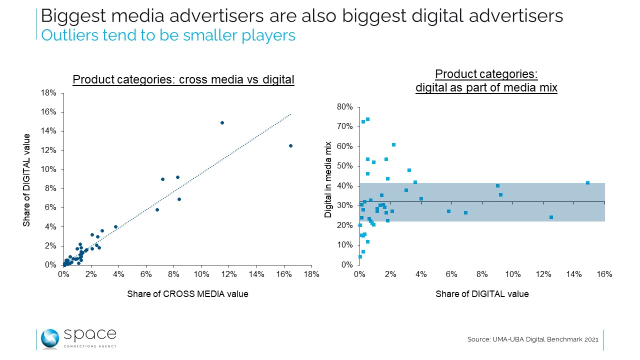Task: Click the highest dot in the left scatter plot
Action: tap(222, 122)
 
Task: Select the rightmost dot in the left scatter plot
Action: tap(290, 145)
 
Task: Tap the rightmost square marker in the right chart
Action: tap(587, 182)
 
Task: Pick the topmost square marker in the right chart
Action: tap(367, 119)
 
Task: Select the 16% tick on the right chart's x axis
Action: tap(604, 274)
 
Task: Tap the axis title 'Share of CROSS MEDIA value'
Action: tap(187, 294)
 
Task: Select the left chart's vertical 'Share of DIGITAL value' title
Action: tap(26, 179)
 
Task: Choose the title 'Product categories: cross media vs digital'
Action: tap(183, 79)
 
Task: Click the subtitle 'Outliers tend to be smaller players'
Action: tap(168, 35)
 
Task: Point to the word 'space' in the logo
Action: tap(90, 334)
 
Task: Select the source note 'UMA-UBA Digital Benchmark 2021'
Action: tap(532, 339)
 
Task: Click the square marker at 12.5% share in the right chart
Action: tap(551, 217)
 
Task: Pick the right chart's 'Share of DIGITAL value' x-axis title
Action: tap(482, 294)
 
